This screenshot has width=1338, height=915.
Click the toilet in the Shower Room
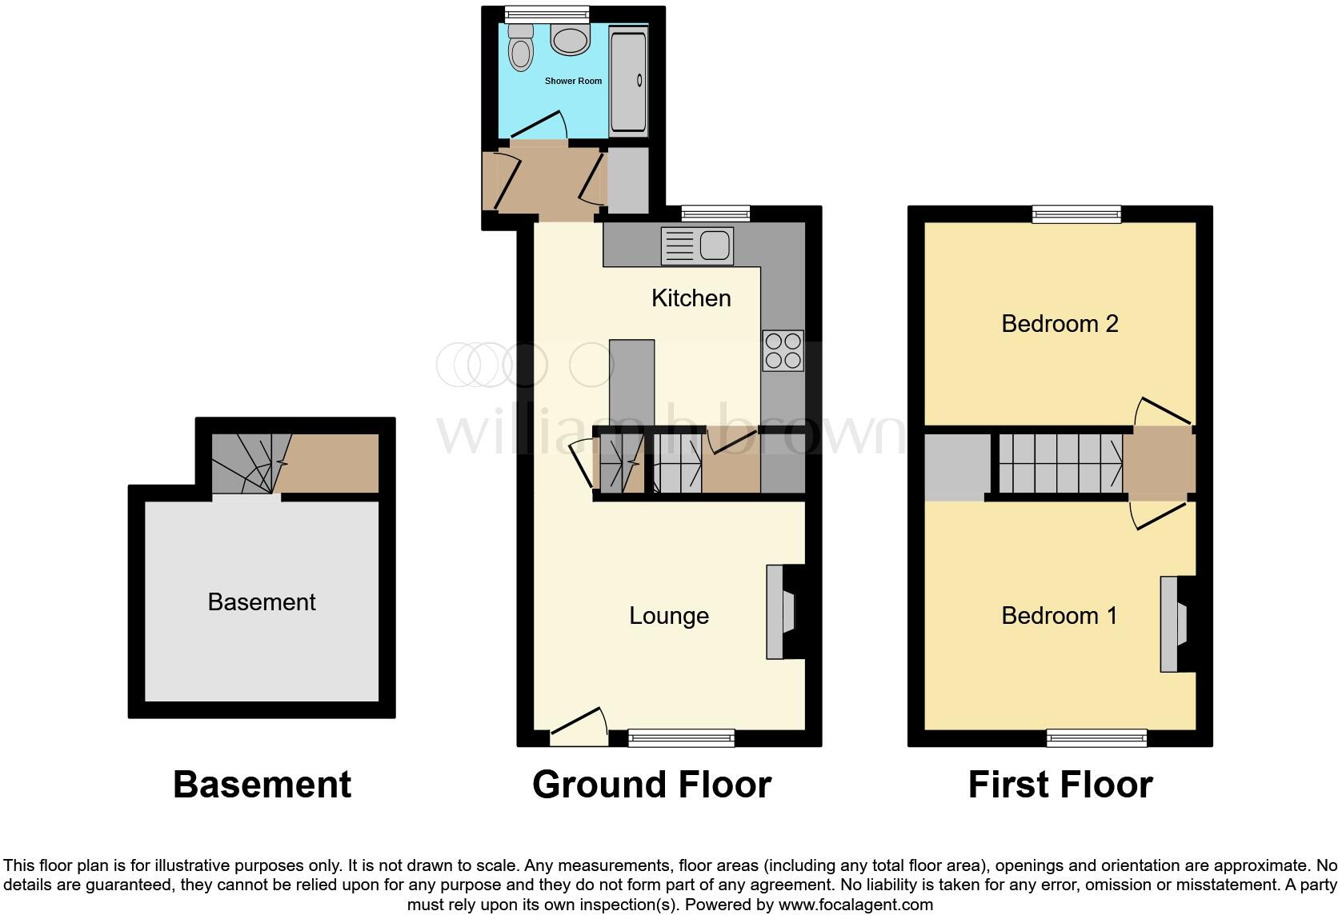pyautogui.click(x=521, y=50)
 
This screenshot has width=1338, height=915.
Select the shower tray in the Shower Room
pyautogui.click(x=628, y=80)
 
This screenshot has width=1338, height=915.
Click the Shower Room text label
pyautogui.click(x=573, y=81)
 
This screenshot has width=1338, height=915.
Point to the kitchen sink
pyautogui.click(x=697, y=246)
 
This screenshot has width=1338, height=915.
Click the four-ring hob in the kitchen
pyautogui.click(x=783, y=350)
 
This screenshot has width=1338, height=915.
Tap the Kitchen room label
pyautogui.click(x=691, y=298)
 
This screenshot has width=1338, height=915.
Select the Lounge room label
pyautogui.click(x=669, y=616)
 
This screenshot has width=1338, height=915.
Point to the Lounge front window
pyautogui.click(x=681, y=738)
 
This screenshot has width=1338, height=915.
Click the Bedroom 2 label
pyautogui.click(x=1060, y=324)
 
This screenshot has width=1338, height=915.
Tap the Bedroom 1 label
pyautogui.click(x=1060, y=616)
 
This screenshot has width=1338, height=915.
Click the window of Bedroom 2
pyautogui.click(x=1076, y=214)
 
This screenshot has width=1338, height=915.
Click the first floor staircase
pyautogui.click(x=1060, y=463)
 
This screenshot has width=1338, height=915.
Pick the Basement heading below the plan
pyautogui.click(x=262, y=785)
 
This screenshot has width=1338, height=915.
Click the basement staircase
pyautogui.click(x=244, y=464)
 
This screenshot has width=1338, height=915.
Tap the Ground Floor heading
pyautogui.click(x=651, y=785)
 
